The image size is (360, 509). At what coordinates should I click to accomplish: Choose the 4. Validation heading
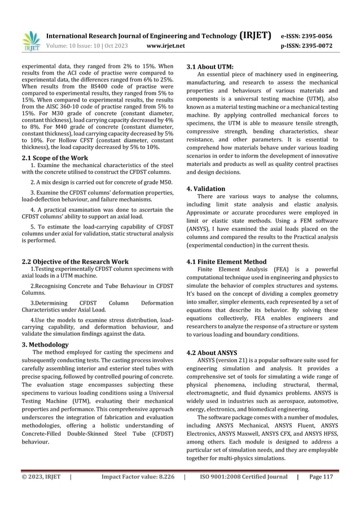click(205, 188)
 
